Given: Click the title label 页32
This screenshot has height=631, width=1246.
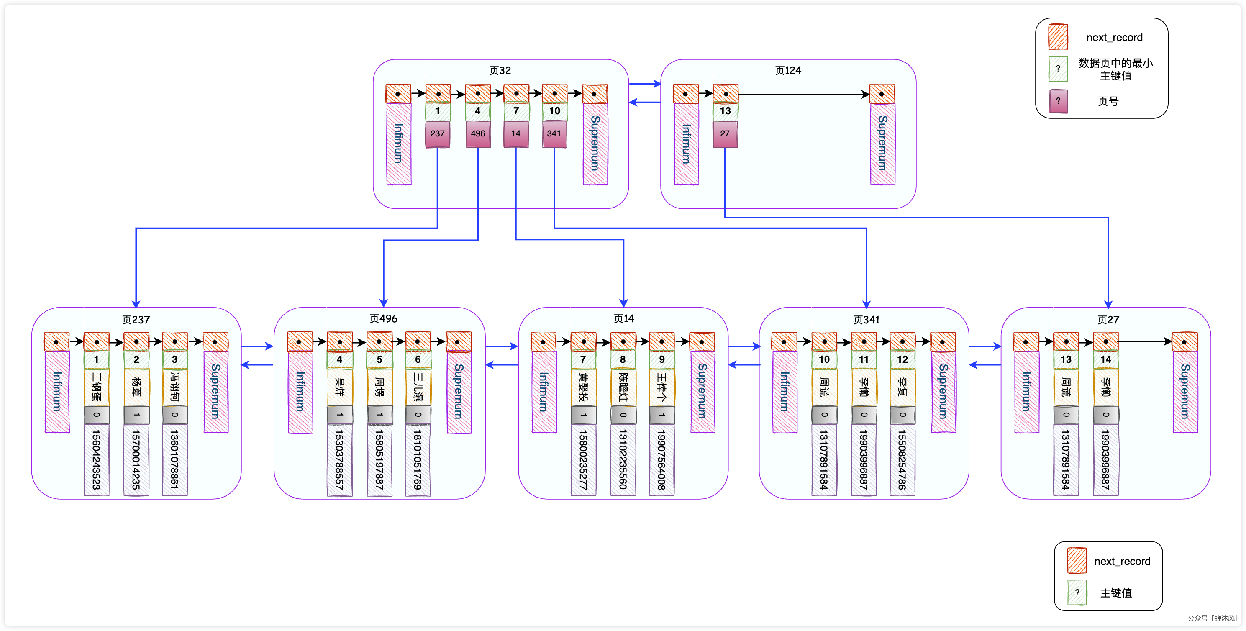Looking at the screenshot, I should point(500,71).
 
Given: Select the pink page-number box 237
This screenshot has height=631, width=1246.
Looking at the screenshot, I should point(437,134).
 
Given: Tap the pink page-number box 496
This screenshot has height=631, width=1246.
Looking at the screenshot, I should point(477,134).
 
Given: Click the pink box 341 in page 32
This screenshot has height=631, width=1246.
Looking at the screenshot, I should point(554,134).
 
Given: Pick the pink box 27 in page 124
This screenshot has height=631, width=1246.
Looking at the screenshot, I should point(725,134).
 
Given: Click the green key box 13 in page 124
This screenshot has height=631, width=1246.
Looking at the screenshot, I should point(725,111).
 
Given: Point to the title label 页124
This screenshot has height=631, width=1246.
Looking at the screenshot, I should point(787,71).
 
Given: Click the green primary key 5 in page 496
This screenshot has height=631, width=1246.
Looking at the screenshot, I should point(379,359).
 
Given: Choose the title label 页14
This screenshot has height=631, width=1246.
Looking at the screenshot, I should point(623,318).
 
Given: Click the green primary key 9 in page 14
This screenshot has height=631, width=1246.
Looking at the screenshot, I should point(661,359).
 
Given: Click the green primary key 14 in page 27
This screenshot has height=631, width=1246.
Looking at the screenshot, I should point(1105,359).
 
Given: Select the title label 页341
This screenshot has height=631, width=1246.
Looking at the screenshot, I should point(866,320).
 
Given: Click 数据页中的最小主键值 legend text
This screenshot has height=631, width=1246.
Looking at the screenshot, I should point(1115,69).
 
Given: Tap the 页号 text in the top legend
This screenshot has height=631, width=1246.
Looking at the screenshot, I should point(1108,101).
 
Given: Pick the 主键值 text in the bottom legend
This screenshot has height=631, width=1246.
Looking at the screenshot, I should point(1116,593).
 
